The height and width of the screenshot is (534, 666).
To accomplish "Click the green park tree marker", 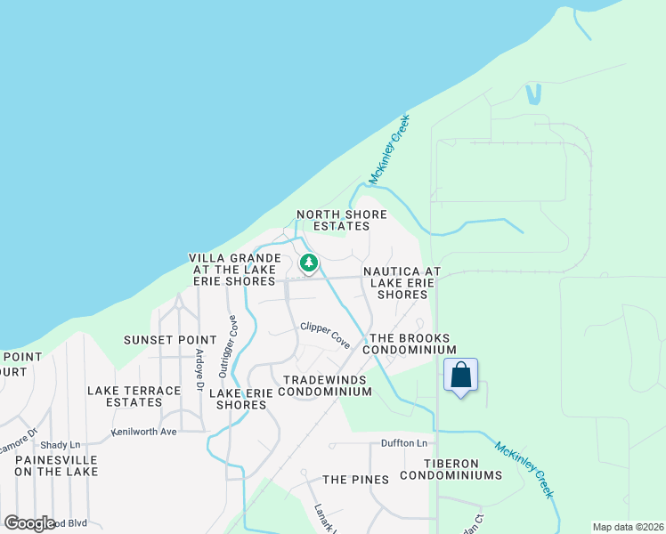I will pyautogui.click(x=309, y=263).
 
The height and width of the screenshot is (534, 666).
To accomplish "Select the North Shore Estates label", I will pyautogui.click(x=342, y=220).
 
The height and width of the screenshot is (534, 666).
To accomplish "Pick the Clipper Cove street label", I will pyautogui.click(x=325, y=335).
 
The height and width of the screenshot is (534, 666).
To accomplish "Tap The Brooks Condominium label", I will pyautogui.click(x=413, y=344).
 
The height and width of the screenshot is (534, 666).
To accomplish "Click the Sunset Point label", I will pyautogui.click(x=170, y=340).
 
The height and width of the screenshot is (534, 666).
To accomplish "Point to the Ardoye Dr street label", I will pyautogui.click(x=199, y=366).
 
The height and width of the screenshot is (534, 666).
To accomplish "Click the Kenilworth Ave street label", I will pyautogui.click(x=144, y=432).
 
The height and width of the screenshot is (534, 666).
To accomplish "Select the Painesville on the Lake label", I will pyautogui.click(x=55, y=465).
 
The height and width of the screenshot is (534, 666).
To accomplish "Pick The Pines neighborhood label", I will pyautogui.click(x=355, y=480).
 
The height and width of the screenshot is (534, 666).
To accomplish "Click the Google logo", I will pyautogui.click(x=30, y=523).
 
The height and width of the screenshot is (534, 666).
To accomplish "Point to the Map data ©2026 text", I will pyautogui.click(x=628, y=527).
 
